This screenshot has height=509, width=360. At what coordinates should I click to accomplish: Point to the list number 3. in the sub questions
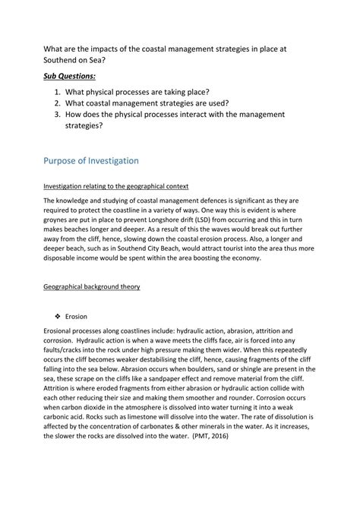(x=60, y=114)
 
